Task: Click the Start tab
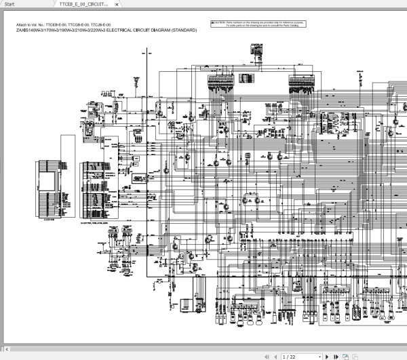tap(9, 4)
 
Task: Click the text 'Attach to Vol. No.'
tap(30, 25)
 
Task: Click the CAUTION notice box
tap(257, 24)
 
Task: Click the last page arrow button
tap(336, 356)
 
